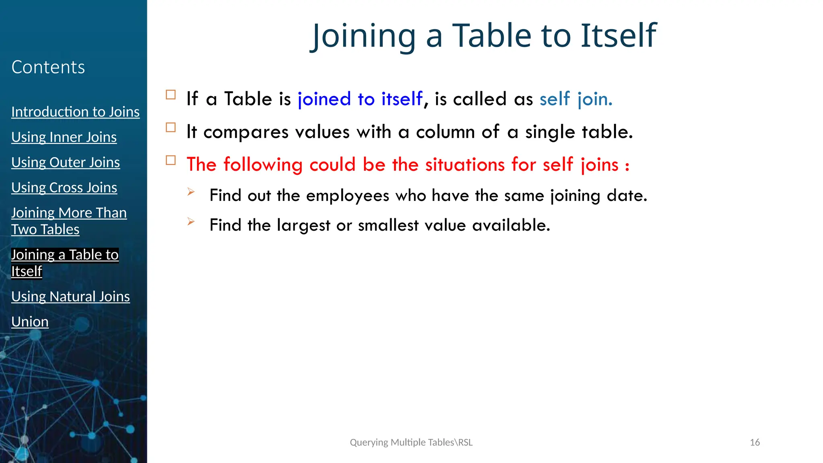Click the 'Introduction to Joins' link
[x=75, y=112]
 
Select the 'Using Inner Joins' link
[x=64, y=137]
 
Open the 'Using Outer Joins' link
[x=66, y=162]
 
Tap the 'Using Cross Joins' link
[x=64, y=188]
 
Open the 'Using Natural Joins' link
[x=70, y=297]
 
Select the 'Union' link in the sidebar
[x=30, y=322]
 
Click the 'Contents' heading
[x=48, y=67]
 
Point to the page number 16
[x=755, y=443]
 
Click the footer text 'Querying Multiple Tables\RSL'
[x=411, y=443]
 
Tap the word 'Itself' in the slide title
[x=618, y=35]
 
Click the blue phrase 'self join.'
[x=575, y=99]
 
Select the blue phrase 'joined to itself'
[x=360, y=99]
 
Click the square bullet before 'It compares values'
[x=171, y=128]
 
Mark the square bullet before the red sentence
[x=171, y=160]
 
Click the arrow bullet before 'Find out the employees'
[x=191, y=192]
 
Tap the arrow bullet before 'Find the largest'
[x=191, y=221]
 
